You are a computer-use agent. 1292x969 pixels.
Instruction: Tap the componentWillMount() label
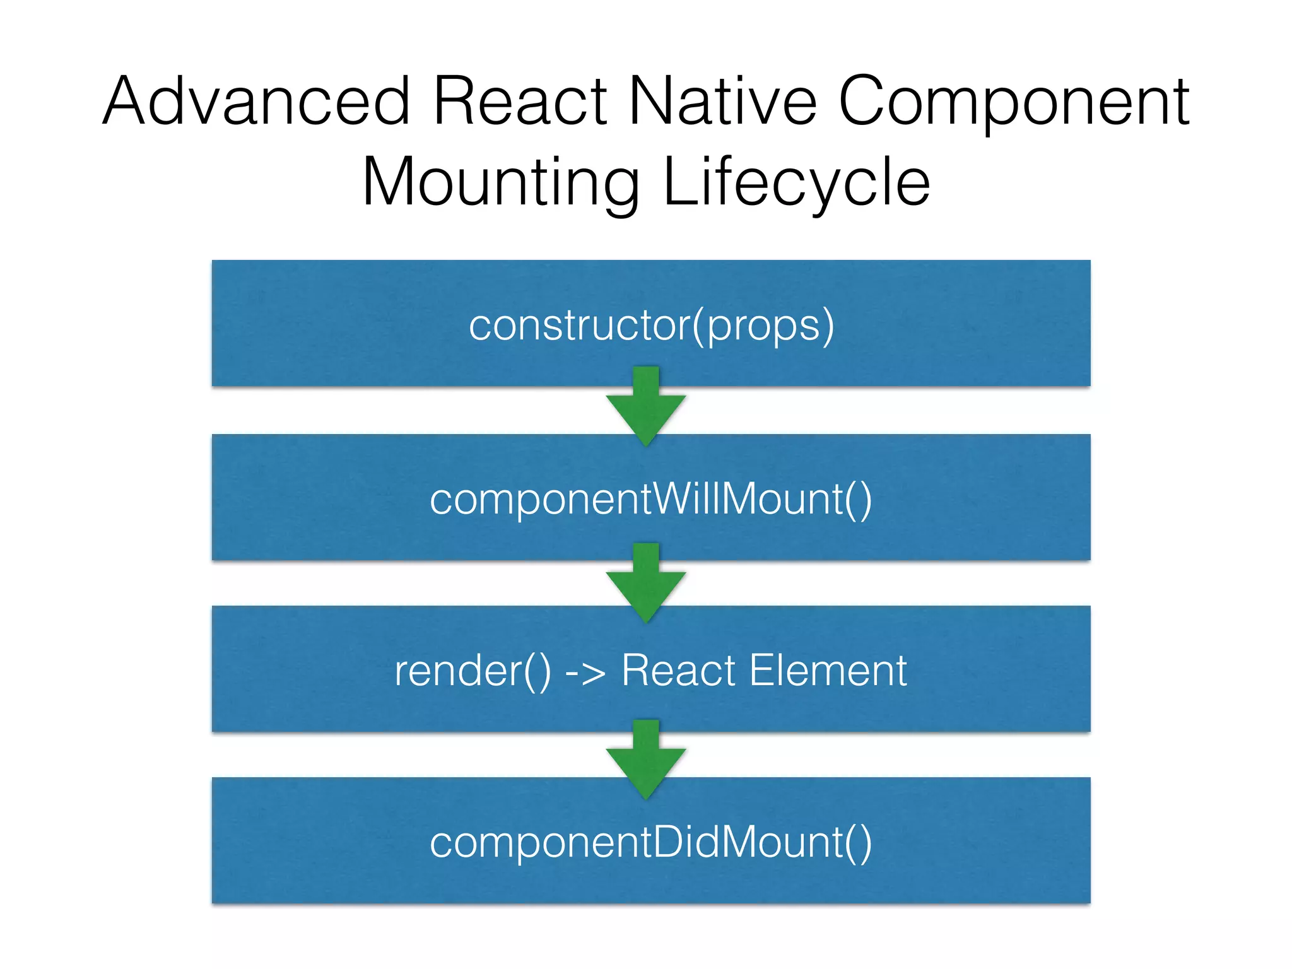pyautogui.click(x=651, y=500)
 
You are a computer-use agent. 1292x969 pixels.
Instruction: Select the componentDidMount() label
pyautogui.click(x=651, y=843)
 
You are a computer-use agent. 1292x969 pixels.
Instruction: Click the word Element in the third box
pyautogui.click(x=828, y=670)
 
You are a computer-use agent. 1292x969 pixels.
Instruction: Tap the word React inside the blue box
pyautogui.click(x=679, y=670)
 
